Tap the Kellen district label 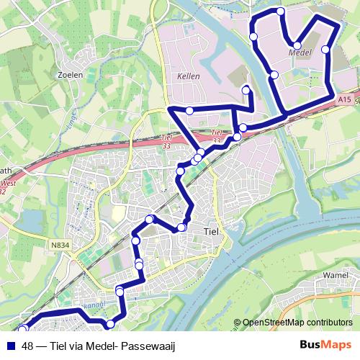point(187,76)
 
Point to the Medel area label point(299,53)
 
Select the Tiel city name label point(212,232)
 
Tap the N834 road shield point(60,246)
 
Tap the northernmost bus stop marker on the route point(280,12)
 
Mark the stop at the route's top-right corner point(334,26)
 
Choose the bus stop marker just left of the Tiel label point(181,228)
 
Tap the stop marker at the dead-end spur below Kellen point(246,90)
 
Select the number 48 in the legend point(28,346)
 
